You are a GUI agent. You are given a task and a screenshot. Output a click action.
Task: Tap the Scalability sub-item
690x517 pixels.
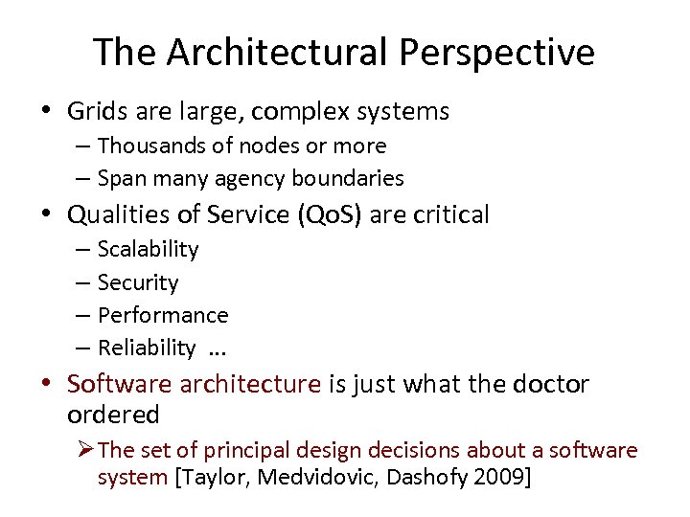[148, 250]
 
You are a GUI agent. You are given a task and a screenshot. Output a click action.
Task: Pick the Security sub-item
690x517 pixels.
[138, 283]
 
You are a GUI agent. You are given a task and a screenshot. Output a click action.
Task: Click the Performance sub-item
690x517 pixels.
[163, 316]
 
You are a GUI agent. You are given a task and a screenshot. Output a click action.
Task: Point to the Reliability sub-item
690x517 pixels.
[147, 348]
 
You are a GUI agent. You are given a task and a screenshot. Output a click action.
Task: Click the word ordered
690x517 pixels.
[113, 416]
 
